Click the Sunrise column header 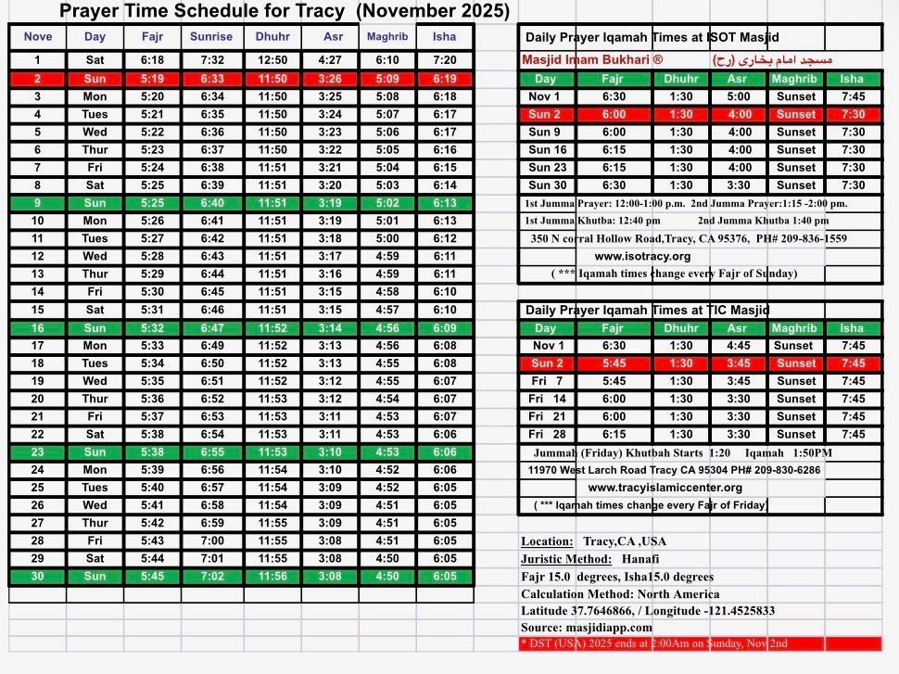coord(210,37)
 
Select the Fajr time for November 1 coord(153,60)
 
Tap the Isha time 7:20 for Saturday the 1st coord(445,60)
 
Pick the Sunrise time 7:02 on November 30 coord(210,576)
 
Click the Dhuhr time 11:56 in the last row coord(272,576)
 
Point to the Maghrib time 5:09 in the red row coord(388,79)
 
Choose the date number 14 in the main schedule coord(38,292)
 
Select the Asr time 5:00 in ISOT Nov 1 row coord(739,96)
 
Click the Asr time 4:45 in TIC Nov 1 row coord(739,346)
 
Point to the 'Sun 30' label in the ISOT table coord(548,184)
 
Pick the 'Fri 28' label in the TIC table coord(548,434)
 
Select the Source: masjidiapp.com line coord(586,628)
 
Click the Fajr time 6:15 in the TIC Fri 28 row coord(613,434)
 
